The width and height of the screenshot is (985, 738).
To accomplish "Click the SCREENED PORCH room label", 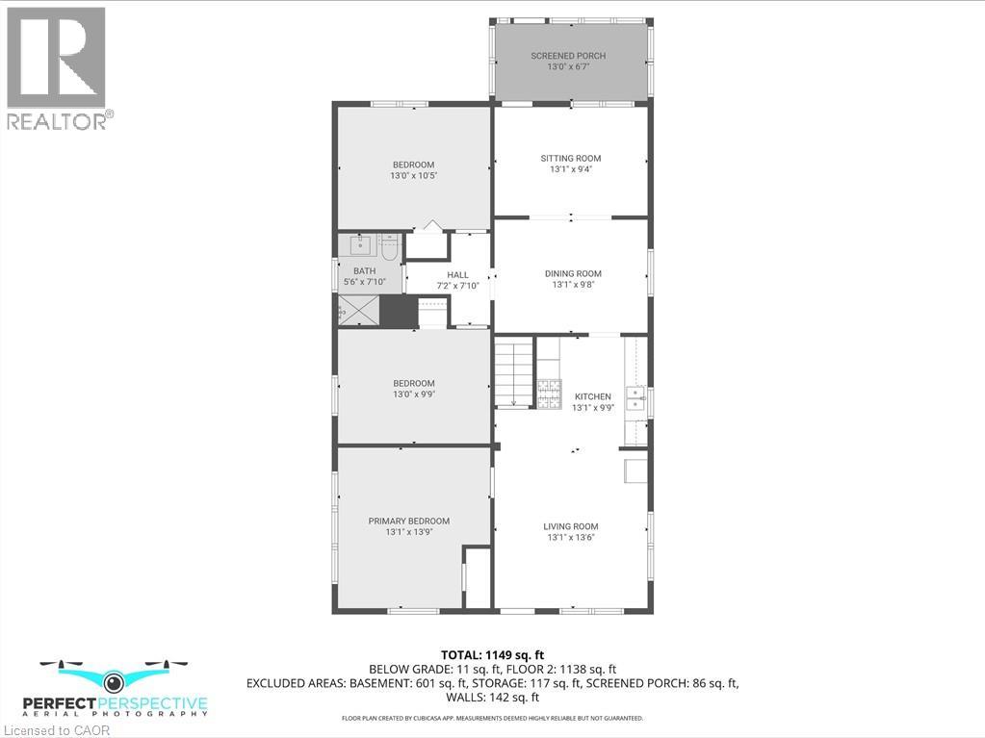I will (568, 56).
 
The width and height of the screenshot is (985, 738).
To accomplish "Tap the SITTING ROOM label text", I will (570, 158).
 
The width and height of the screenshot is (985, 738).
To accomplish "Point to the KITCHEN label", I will (592, 396).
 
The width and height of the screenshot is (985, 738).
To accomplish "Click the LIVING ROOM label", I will (570, 526).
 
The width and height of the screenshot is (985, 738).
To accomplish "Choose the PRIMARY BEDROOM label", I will (408, 521).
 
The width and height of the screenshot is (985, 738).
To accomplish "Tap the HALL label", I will (457, 275).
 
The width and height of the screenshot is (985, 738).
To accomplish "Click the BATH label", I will (364, 271).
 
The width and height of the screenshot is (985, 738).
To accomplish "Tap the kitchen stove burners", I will (549, 393).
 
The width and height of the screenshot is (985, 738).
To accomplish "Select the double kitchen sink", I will (635, 396).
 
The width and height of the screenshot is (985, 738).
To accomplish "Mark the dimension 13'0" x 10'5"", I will (412, 176).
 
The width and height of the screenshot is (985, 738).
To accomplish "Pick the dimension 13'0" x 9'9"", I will (412, 393).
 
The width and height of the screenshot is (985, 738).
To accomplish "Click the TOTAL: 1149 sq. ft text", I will (498, 655).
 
